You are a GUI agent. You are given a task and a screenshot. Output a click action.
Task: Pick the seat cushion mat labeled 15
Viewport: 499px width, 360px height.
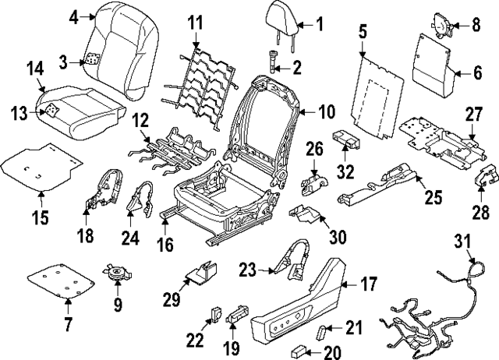pyautogui.click(x=43, y=165)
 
